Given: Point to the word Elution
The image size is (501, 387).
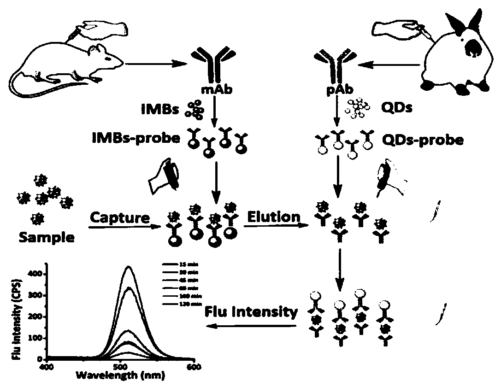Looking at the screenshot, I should (274, 217).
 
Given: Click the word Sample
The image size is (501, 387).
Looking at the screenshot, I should (46, 237).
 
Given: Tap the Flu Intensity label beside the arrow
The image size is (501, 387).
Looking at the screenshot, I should (251, 312).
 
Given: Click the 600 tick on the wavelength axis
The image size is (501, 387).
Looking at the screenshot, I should (195, 367).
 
